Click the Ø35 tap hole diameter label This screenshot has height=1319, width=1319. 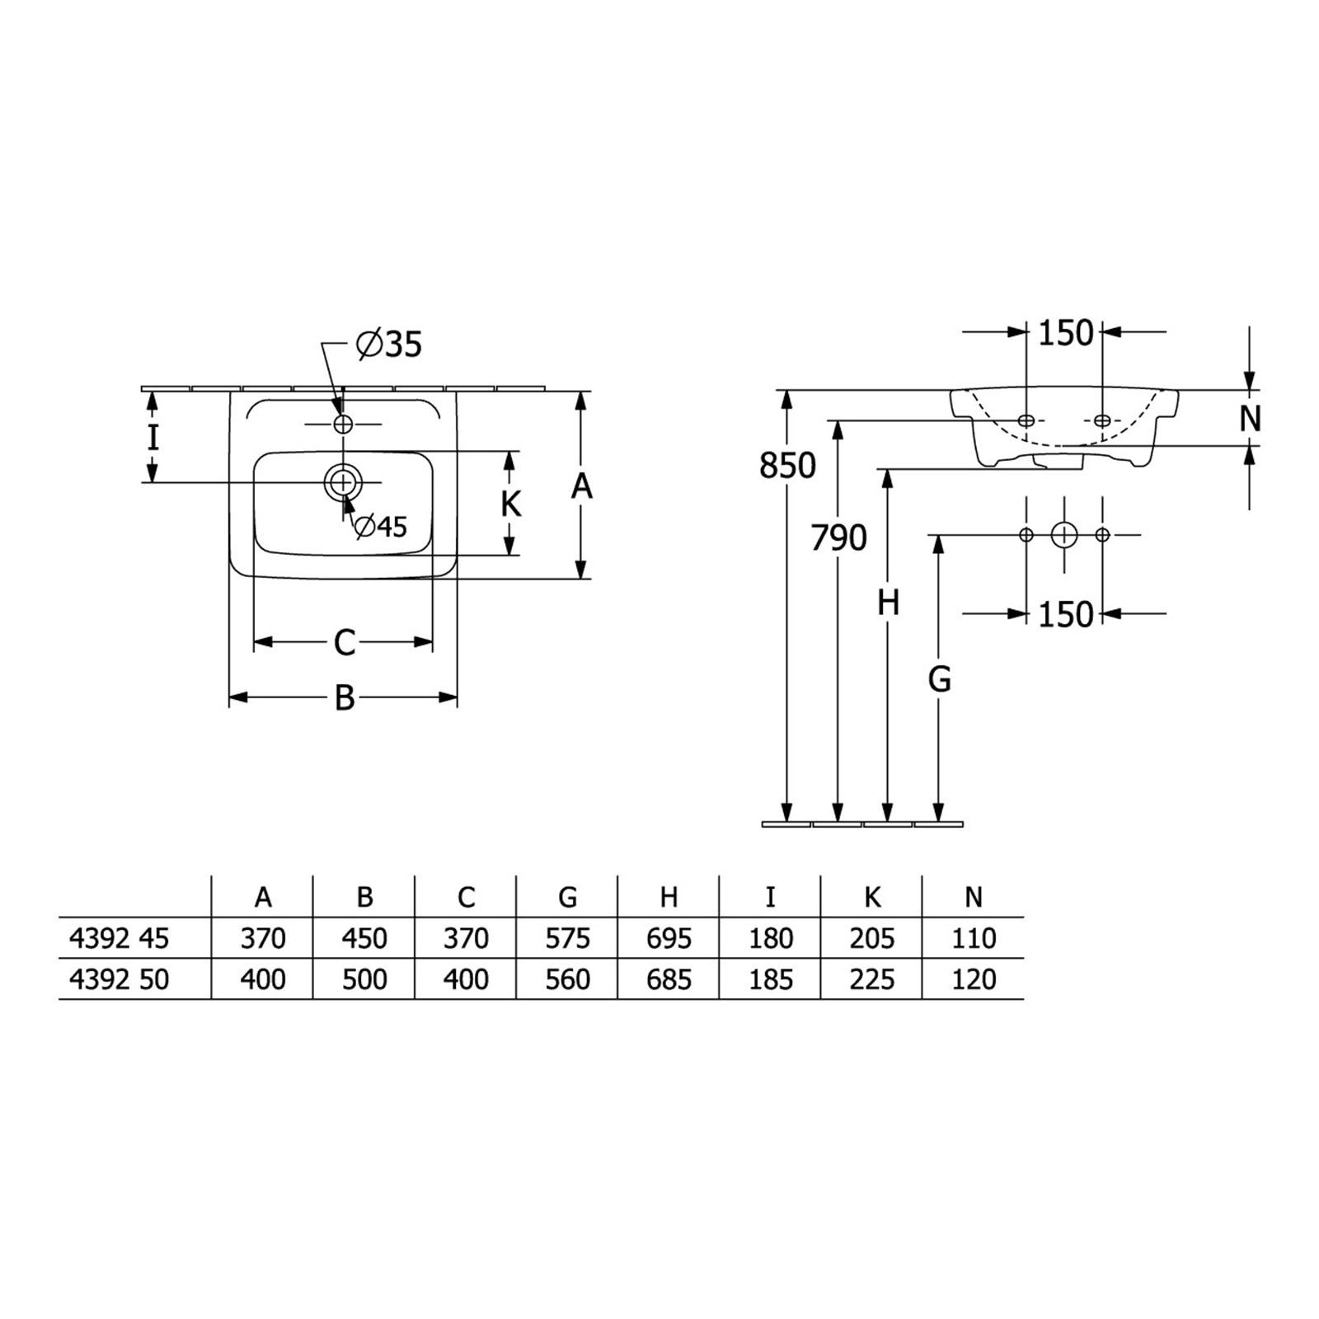tap(388, 344)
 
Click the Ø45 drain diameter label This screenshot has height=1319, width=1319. tap(380, 526)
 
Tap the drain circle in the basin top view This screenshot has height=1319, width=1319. tap(342, 481)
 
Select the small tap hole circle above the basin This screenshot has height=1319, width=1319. tap(342, 424)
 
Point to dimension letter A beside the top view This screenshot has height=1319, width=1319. tap(582, 486)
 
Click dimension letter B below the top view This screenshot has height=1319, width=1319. tap(345, 698)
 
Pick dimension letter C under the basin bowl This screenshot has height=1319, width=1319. tap(345, 642)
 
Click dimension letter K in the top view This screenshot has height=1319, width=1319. tap(511, 503)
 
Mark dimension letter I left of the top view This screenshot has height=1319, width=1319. tap(153, 437)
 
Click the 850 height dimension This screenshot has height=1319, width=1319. tap(787, 466)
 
